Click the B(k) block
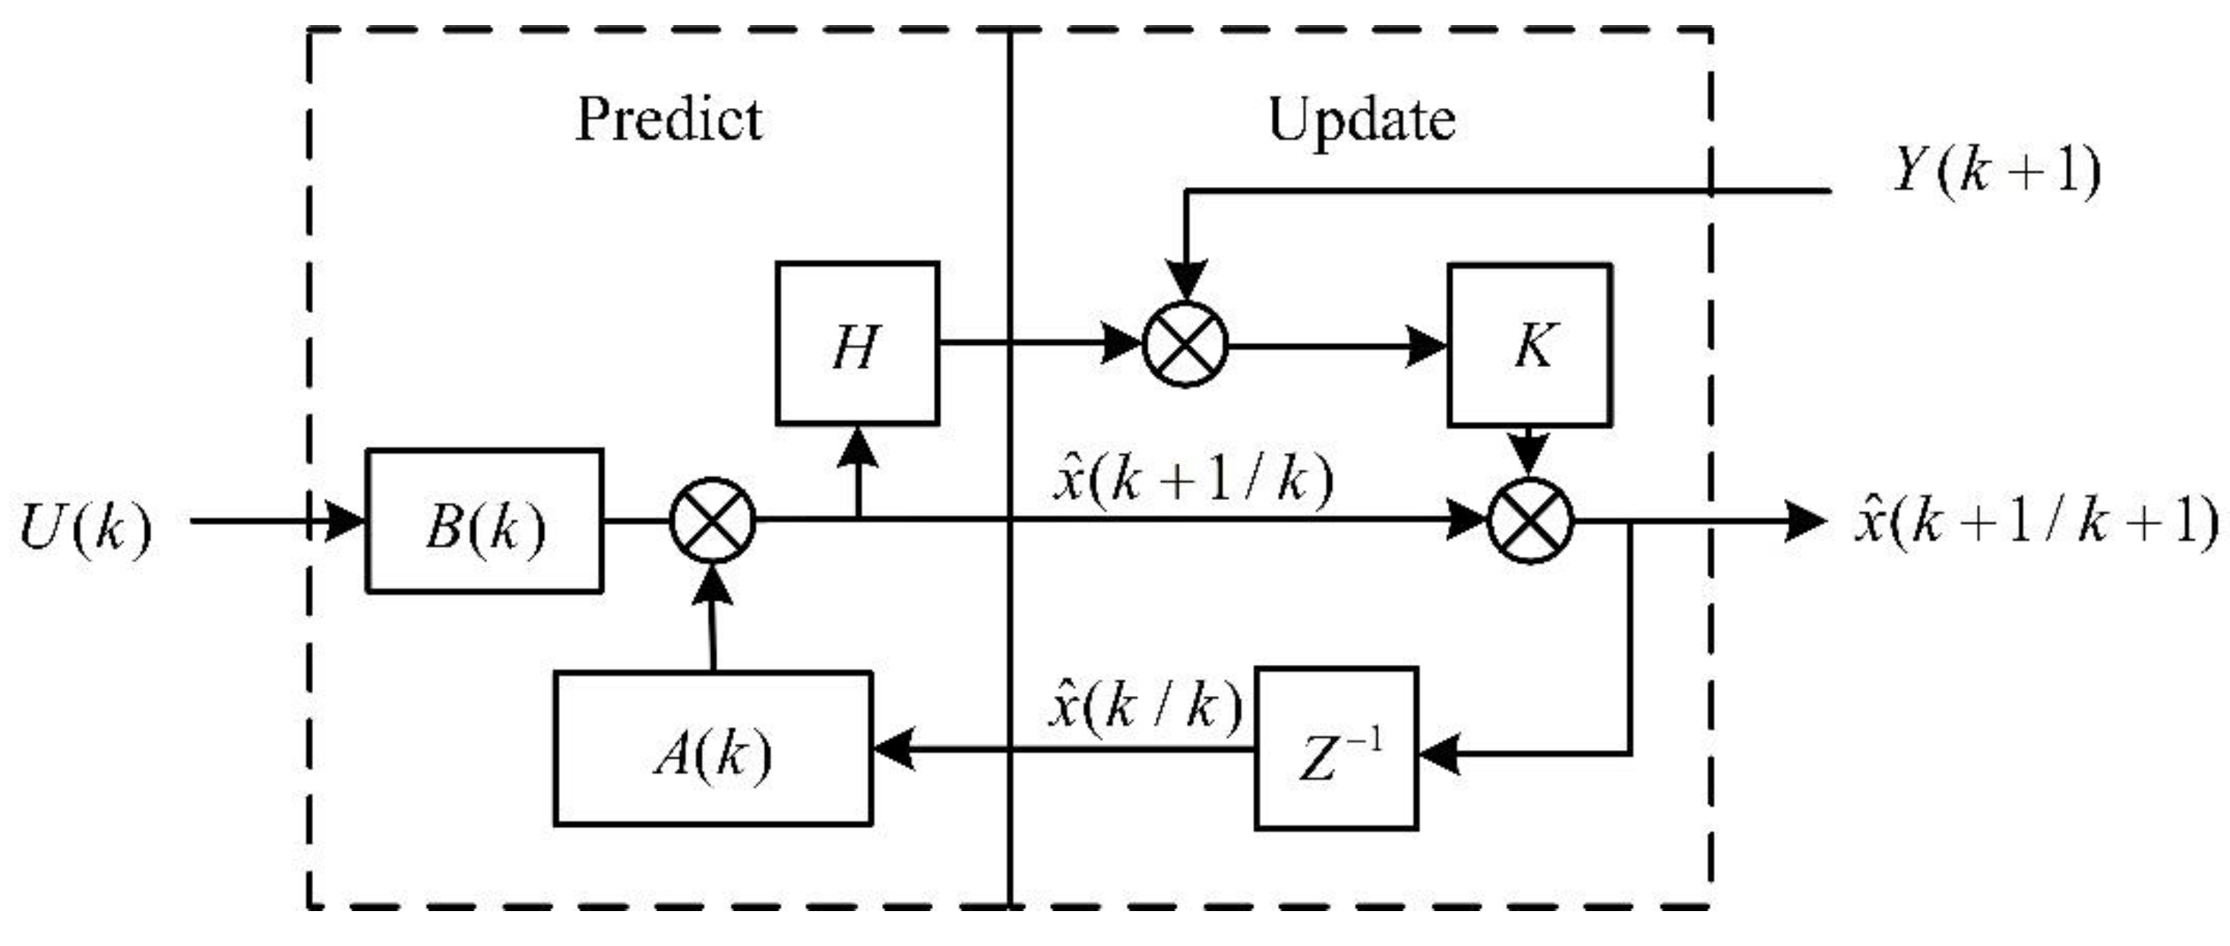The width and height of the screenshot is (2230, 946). (485, 521)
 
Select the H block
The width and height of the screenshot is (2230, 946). (857, 343)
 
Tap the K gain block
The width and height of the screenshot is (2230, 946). (1529, 345)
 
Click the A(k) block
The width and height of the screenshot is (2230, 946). (713, 748)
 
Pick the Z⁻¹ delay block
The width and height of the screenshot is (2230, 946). (1336, 749)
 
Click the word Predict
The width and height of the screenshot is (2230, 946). (669, 119)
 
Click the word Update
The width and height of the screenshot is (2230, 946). (1361, 119)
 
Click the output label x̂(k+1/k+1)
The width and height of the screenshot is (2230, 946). (2035, 521)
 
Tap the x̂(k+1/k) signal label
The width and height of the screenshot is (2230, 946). (1192, 479)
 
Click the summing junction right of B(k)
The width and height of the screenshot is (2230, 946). (713, 521)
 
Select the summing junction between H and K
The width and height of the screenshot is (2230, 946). (1185, 344)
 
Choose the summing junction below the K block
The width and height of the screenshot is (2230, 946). (1529, 521)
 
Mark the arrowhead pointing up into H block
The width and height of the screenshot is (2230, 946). (858, 448)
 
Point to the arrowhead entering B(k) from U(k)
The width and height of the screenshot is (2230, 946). (344, 521)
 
